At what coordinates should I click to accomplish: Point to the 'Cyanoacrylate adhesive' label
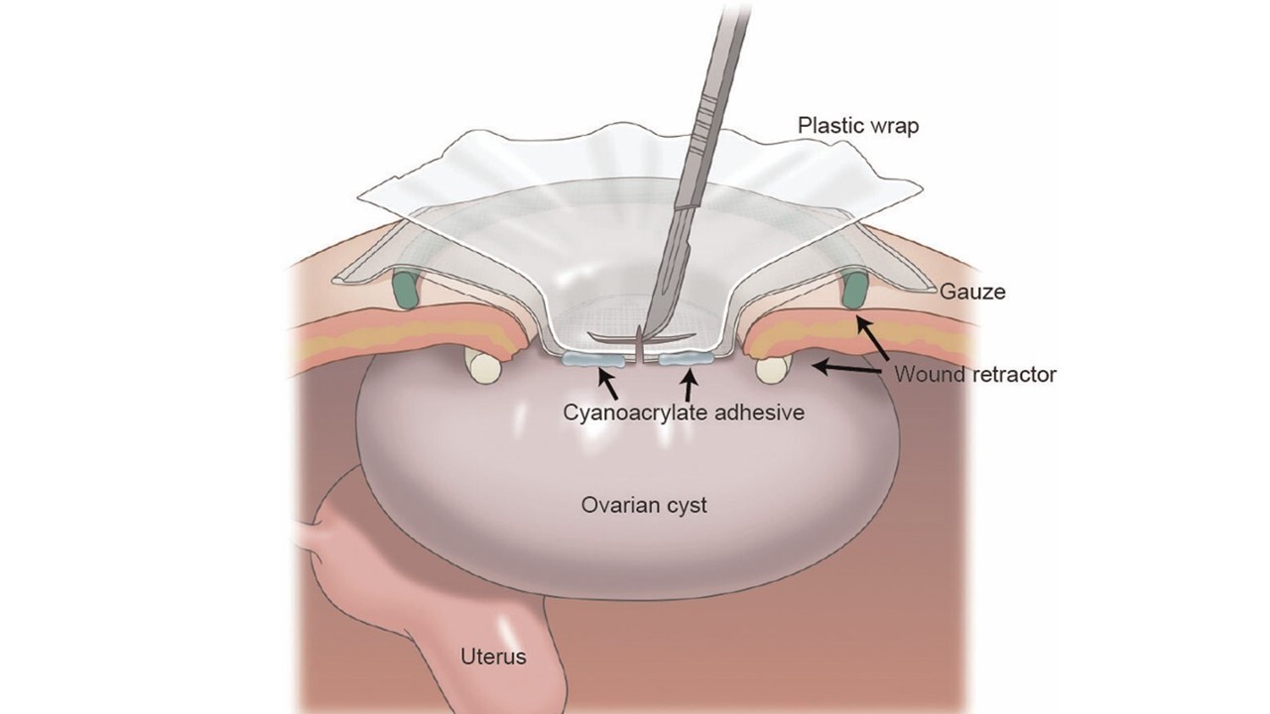(x=683, y=410)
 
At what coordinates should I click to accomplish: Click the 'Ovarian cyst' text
(x=644, y=505)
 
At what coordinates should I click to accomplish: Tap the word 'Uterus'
(x=493, y=656)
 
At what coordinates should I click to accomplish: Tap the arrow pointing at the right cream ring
(x=843, y=368)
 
